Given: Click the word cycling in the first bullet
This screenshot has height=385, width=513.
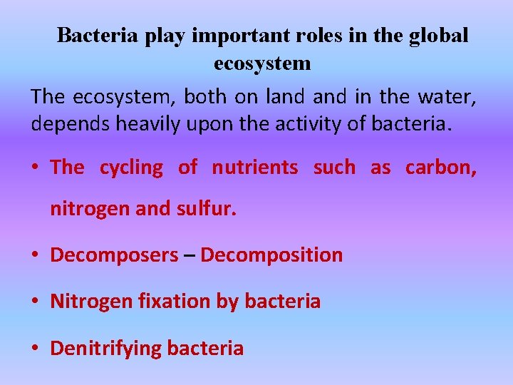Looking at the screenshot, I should pyautogui.click(x=131, y=168).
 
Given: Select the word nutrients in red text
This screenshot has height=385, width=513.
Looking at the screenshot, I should pyautogui.click(x=255, y=168).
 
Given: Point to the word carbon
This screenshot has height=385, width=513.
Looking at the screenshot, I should pyautogui.click(x=440, y=168).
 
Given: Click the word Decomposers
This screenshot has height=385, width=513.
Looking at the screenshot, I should pyautogui.click(x=115, y=255).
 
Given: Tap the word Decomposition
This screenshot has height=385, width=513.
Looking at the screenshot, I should pyautogui.click(x=271, y=255).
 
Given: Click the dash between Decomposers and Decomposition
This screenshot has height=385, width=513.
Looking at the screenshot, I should pyautogui.click(x=190, y=255).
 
